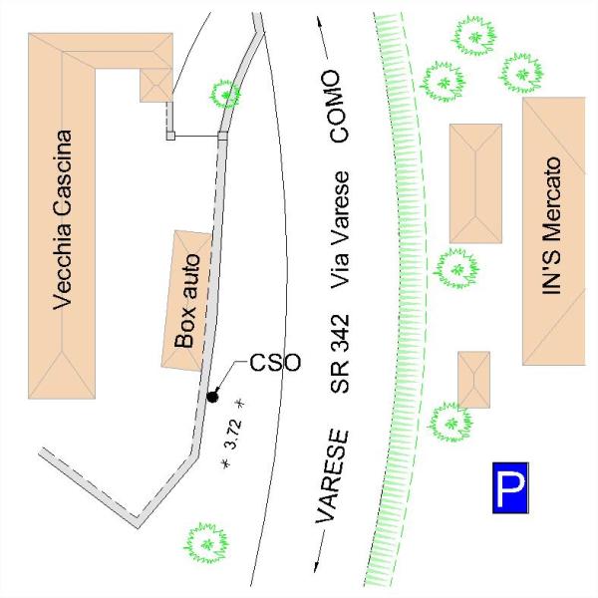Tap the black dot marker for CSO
click(x=211, y=397)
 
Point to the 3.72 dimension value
click(x=233, y=435)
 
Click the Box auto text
click(x=188, y=300)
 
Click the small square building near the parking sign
click(x=473, y=379)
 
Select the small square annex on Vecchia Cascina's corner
click(x=156, y=84)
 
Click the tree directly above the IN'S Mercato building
click(x=520, y=71)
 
